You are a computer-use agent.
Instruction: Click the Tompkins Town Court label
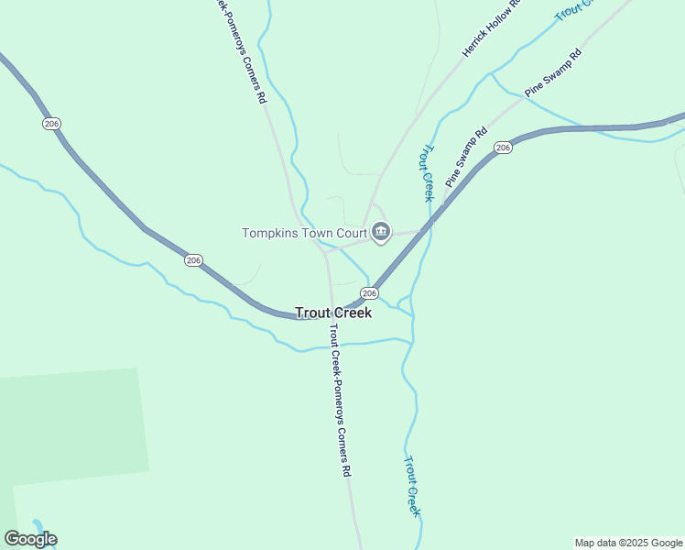click(304, 233)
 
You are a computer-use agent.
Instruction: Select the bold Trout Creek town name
click(333, 313)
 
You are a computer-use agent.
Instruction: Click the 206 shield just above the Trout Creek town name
click(368, 292)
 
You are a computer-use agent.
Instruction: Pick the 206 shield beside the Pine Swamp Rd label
click(502, 148)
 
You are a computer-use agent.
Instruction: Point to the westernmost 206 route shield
click(51, 124)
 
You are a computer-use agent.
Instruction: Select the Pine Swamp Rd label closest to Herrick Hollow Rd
click(553, 73)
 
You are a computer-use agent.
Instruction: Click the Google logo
click(30, 539)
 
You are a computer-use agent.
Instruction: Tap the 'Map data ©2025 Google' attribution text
click(629, 543)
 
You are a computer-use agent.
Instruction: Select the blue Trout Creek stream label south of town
click(412, 486)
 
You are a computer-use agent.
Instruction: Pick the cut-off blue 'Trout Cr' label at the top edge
click(575, 10)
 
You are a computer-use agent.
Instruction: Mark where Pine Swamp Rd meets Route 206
click(446, 198)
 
